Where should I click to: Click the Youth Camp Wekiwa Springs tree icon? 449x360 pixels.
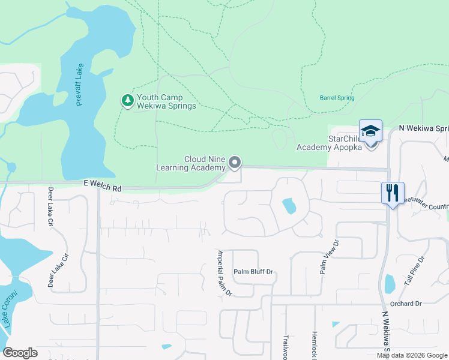click(127, 100)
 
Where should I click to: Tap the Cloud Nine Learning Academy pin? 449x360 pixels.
click(235, 162)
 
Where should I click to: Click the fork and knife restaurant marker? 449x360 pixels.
click(393, 193)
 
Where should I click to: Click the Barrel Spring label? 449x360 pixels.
click(337, 98)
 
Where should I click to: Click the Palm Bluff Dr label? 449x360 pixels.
click(253, 272)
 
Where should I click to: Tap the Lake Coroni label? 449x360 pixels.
click(8, 308)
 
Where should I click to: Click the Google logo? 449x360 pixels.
click(20, 353)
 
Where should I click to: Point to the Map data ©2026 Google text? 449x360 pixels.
click(412, 355)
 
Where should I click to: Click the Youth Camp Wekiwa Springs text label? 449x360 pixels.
click(166, 101)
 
